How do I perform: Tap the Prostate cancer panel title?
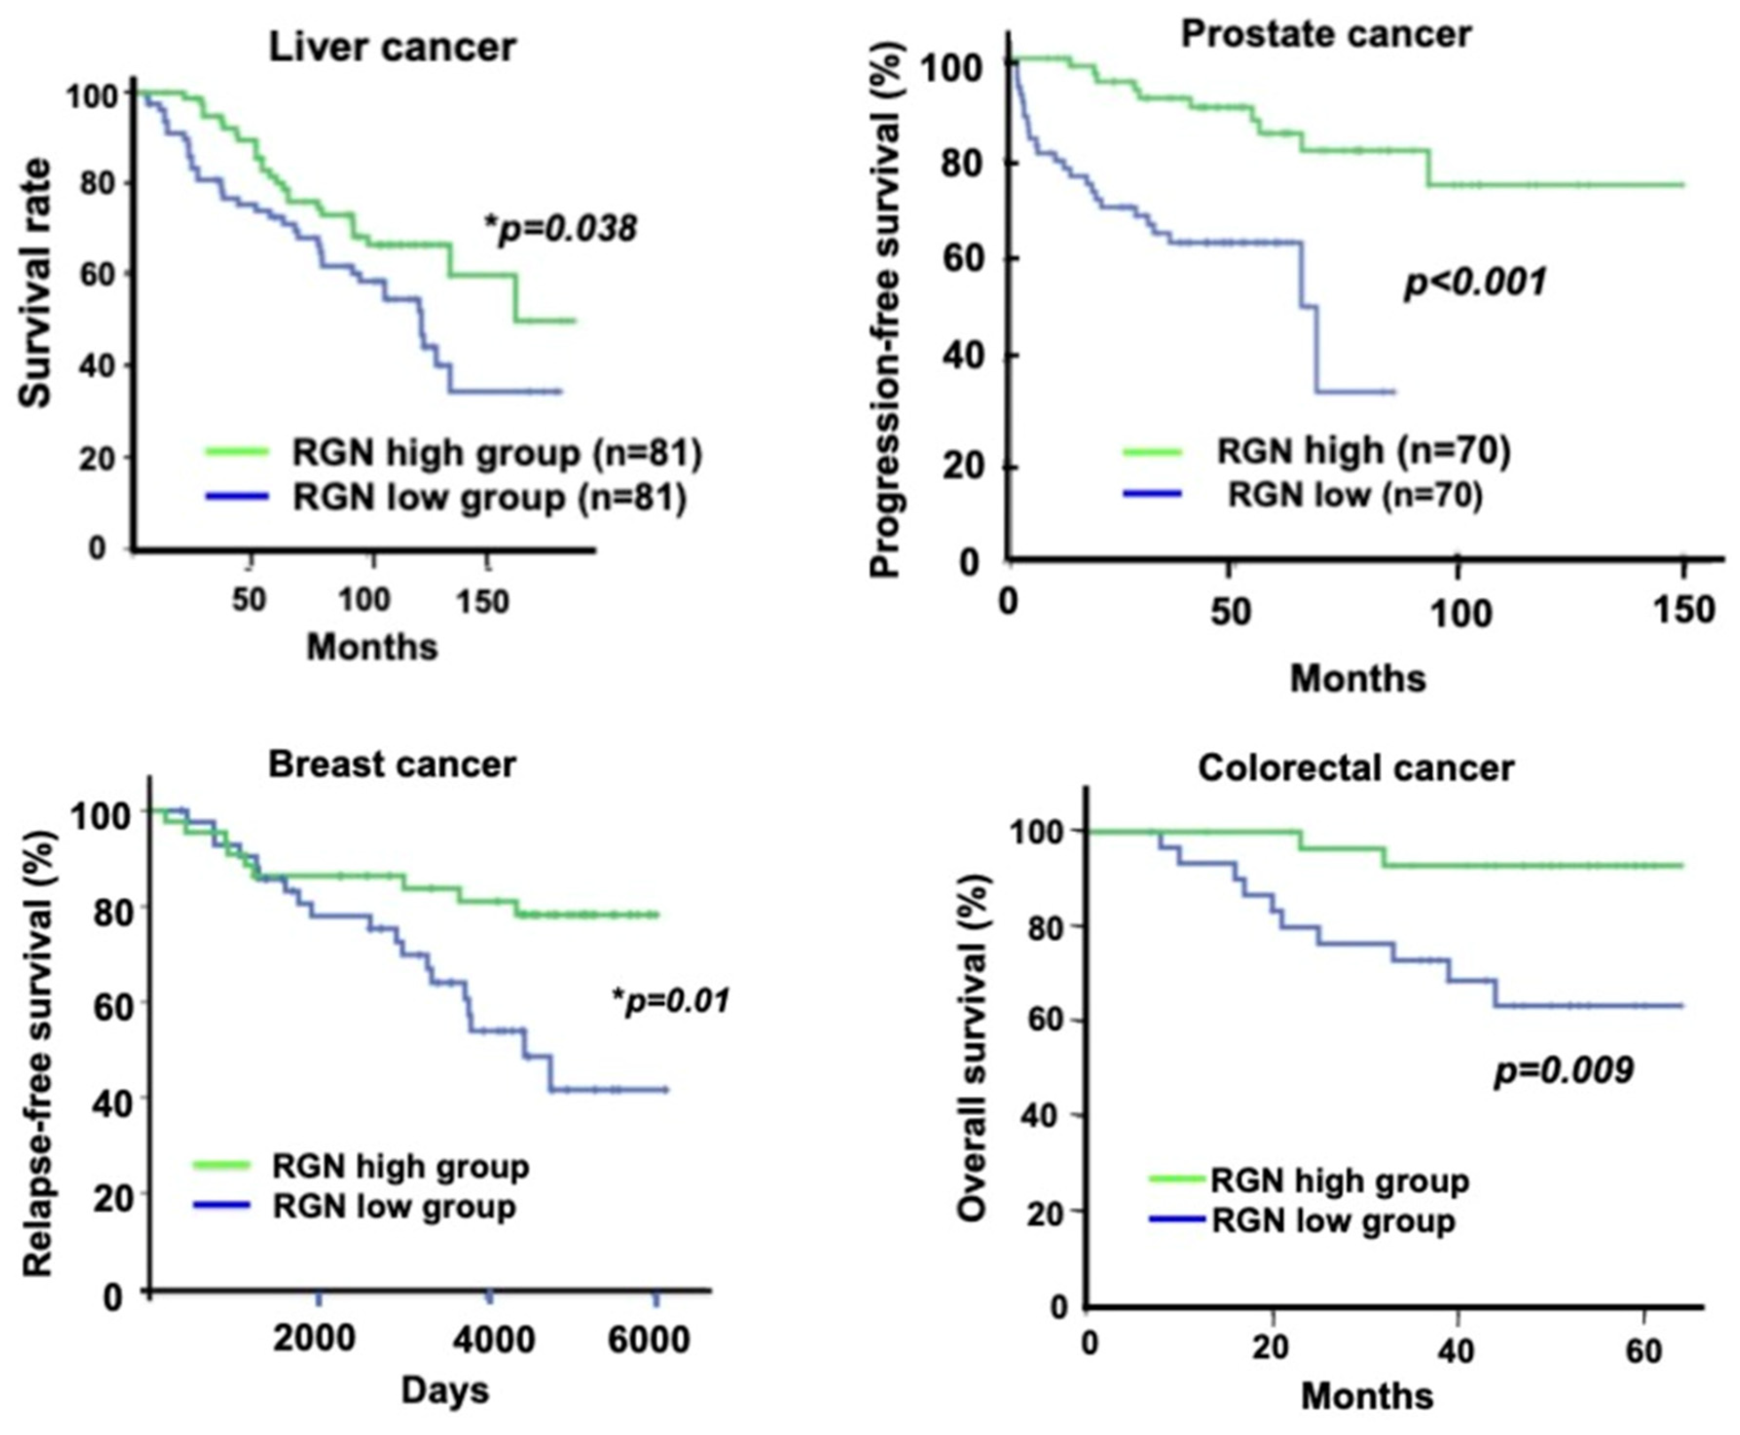pyautogui.click(x=1325, y=34)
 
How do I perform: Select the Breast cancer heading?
pyautogui.click(x=392, y=765)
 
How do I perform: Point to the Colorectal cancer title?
pyautogui.click(x=1356, y=768)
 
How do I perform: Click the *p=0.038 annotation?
pyautogui.click(x=561, y=228)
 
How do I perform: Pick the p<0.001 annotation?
pyautogui.click(x=1475, y=283)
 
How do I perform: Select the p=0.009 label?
pyautogui.click(x=1564, y=1071)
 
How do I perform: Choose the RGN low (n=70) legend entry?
pyautogui.click(x=1355, y=494)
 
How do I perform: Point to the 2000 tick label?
pyautogui.click(x=315, y=1338)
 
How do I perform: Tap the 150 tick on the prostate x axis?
pyautogui.click(x=1683, y=610)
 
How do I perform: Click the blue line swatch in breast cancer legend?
pyautogui.click(x=221, y=1205)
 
